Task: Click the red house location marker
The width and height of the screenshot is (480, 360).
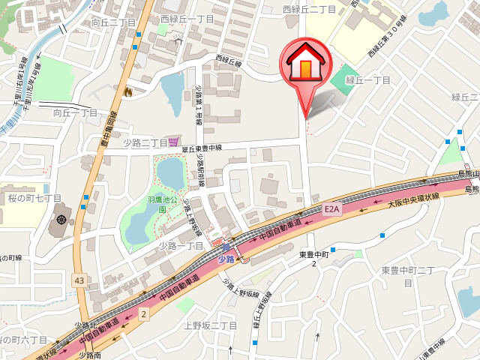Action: tap(304, 66)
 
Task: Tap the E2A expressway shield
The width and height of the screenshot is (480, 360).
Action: tap(332, 209)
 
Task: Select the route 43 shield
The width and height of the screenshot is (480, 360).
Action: tap(79, 280)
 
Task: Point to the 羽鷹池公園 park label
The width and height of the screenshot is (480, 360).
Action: tap(161, 204)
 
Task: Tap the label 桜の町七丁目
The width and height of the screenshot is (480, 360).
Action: tap(34, 198)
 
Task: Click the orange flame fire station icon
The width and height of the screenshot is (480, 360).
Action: tap(127, 91)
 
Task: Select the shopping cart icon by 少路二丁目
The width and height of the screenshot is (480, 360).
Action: tap(174, 142)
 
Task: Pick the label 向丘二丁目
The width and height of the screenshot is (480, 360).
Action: tap(114, 23)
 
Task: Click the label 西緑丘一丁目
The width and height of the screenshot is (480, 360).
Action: tap(187, 19)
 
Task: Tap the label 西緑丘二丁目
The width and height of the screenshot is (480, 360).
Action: tap(309, 9)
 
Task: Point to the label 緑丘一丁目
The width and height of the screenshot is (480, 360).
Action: tap(367, 80)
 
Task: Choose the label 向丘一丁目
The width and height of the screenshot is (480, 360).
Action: tap(76, 112)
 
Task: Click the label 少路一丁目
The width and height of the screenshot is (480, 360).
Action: tap(181, 245)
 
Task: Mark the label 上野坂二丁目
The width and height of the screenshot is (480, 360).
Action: tap(210, 325)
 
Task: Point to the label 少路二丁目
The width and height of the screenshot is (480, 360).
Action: tap(145, 142)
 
